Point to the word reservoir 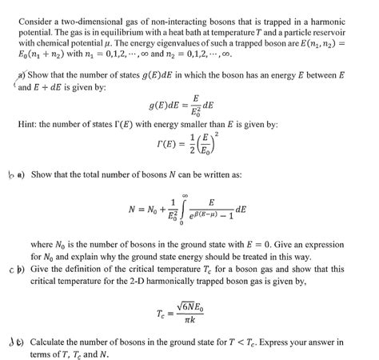(337, 30)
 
